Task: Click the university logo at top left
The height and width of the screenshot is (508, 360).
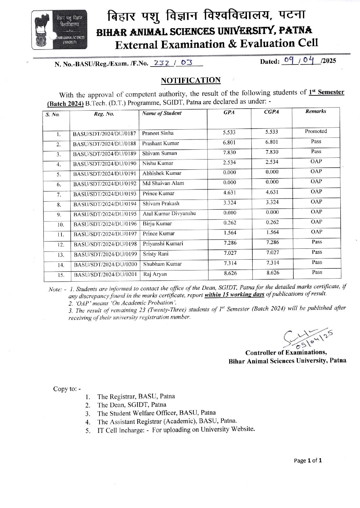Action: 60,30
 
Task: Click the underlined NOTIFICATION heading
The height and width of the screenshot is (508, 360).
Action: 191,80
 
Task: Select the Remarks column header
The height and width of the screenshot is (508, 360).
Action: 316,111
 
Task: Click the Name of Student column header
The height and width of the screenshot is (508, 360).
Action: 162,113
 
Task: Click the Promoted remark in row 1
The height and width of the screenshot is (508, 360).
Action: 316,131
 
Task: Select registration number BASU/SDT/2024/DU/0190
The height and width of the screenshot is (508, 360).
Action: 105,164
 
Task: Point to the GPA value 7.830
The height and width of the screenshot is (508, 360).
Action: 229,152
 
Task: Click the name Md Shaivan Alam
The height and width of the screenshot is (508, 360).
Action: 163,183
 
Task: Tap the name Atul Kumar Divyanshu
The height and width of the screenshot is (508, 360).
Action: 169,213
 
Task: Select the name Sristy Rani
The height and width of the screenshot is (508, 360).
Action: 156,254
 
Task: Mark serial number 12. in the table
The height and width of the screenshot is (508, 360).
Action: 60,244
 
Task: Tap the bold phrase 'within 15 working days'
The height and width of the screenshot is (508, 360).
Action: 234,294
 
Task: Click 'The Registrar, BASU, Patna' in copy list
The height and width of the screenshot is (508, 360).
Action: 136,396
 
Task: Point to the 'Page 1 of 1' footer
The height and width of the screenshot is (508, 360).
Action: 307,460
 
